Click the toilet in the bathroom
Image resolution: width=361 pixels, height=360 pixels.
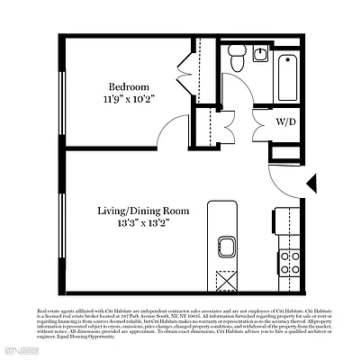point(235,61)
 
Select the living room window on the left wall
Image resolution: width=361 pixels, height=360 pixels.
point(65,225)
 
